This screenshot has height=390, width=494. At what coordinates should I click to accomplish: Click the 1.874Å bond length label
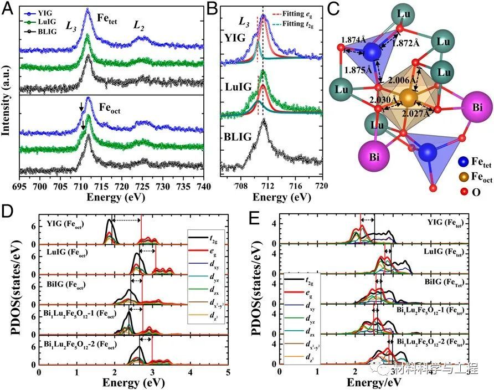353,40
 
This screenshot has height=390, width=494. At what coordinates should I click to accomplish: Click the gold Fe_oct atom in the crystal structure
408,99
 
